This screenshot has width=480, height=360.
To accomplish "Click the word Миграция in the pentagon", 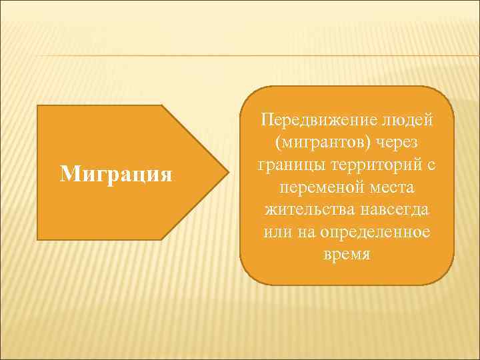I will point(116,175).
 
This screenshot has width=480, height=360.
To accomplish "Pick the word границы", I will point(283,165).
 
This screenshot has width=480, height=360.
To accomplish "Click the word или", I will point(275,233).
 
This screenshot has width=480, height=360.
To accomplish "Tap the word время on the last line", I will point(347,255).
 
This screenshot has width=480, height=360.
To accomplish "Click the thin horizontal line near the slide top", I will point(240,55).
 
